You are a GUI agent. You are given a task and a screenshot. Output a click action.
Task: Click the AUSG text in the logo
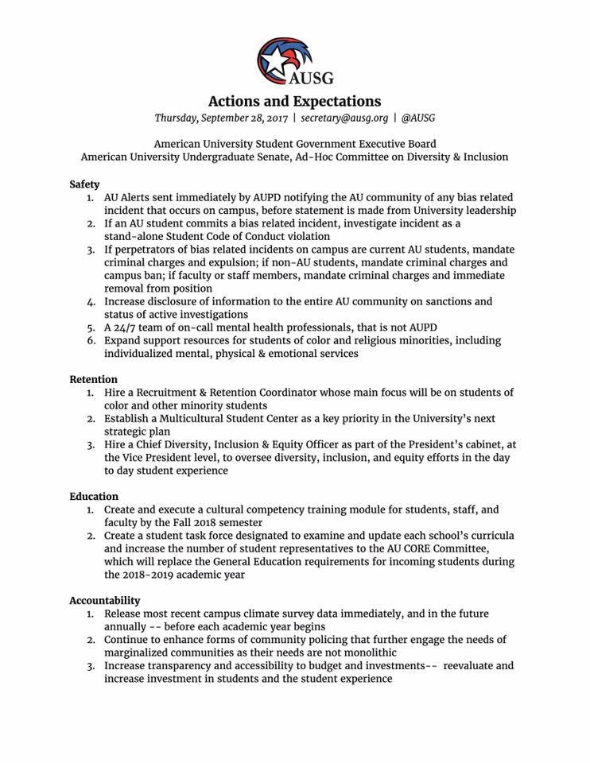(x=311, y=78)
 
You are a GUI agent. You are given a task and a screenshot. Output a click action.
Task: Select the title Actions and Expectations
(x=294, y=102)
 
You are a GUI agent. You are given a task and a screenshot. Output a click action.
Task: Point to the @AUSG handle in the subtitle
(x=417, y=118)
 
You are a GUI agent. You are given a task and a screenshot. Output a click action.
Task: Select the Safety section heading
(x=84, y=184)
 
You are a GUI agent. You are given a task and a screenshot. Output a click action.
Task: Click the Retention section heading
(x=93, y=379)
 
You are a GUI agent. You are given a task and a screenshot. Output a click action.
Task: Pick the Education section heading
(x=94, y=497)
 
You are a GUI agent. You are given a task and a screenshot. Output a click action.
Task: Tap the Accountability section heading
(x=104, y=601)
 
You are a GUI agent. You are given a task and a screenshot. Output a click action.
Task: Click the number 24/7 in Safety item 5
(x=125, y=327)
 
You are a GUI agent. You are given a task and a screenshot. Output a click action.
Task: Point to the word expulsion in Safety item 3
(x=239, y=262)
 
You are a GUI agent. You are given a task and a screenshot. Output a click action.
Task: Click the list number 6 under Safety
(x=91, y=341)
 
